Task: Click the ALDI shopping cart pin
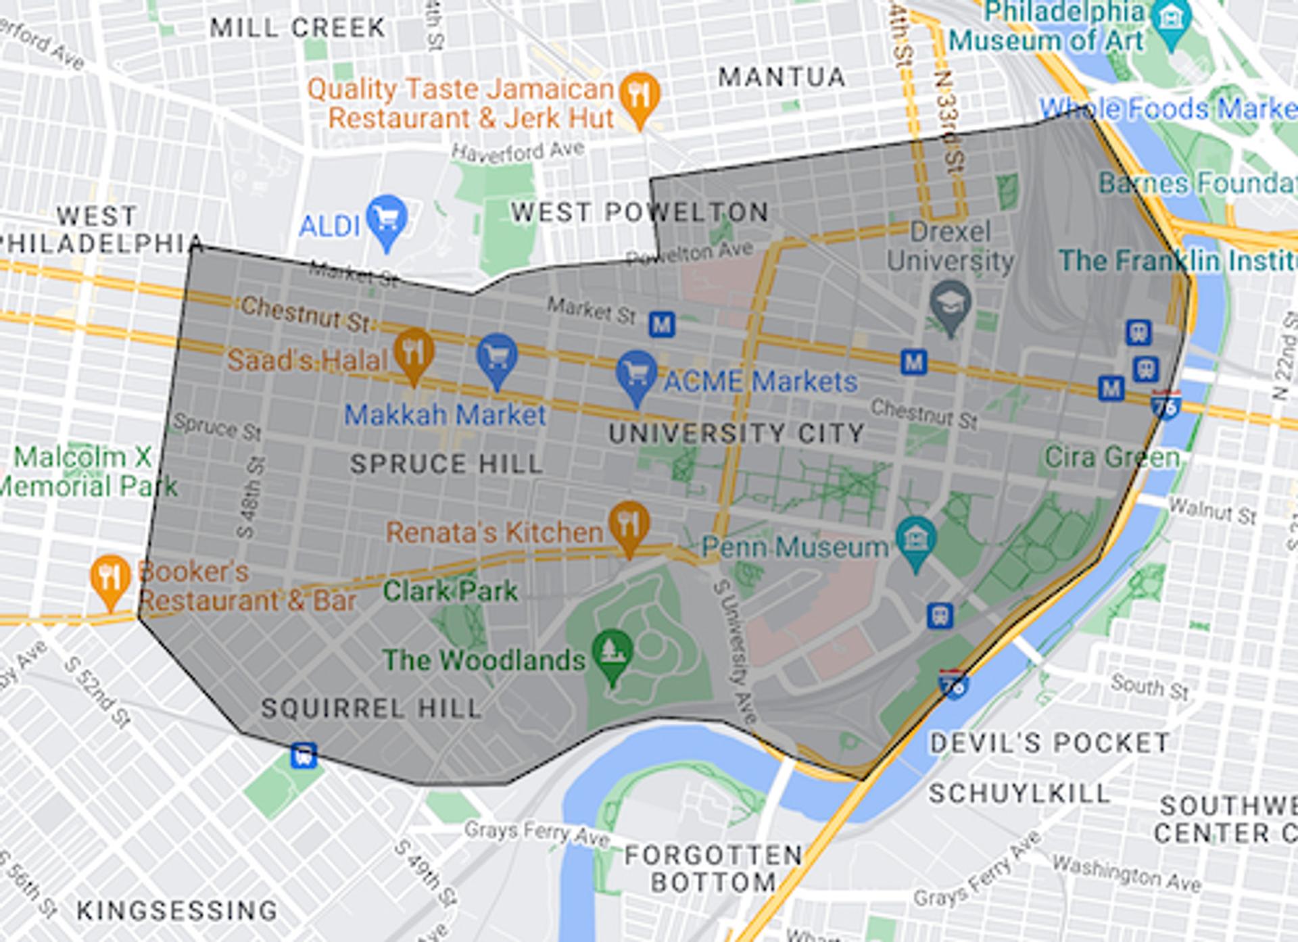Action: coord(387,220)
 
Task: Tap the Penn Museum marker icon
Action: coord(916,541)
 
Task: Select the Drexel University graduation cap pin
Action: coord(950,305)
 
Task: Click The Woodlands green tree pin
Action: coord(612,654)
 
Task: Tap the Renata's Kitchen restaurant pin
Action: coord(629,525)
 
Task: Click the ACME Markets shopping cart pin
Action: coord(636,374)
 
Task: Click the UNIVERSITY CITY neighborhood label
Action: coord(736,433)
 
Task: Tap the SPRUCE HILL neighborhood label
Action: coord(447,464)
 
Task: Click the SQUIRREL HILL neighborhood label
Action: coord(371,708)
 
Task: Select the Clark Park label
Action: coord(450,591)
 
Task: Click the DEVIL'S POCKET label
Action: coord(1049,743)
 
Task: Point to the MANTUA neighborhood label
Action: coord(782,77)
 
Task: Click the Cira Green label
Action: coord(1111,457)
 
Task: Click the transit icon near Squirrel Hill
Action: coord(304,755)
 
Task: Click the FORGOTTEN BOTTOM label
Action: coord(713,868)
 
